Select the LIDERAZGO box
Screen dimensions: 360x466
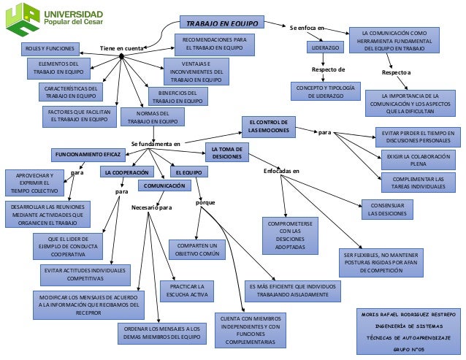(326, 47)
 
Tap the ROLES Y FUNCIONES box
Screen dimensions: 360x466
(50, 48)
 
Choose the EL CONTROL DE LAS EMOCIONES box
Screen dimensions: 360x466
(268, 126)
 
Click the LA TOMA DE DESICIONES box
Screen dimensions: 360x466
(227, 152)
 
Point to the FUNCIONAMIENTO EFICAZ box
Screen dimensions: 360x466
(88, 155)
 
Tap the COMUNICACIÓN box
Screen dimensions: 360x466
(164, 185)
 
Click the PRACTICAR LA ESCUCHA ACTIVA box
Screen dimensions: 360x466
(192, 291)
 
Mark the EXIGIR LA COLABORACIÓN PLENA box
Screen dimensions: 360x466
(418, 160)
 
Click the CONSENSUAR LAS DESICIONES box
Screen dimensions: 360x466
(387, 210)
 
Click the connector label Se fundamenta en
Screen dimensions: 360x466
(156, 143)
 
